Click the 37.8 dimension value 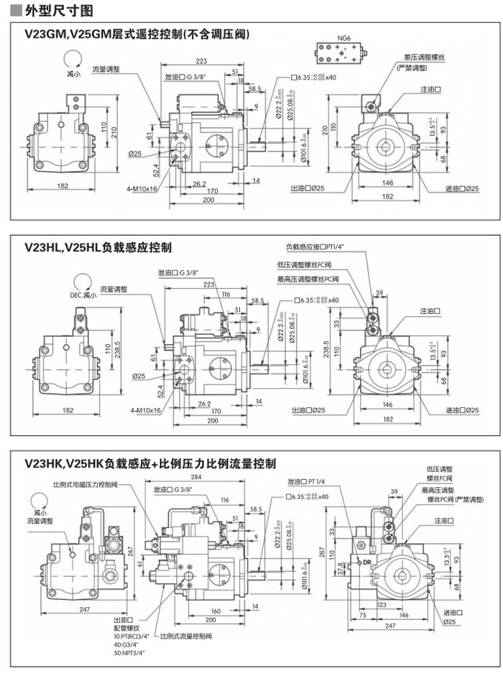coord(345,569)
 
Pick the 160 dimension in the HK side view coord(215,611)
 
